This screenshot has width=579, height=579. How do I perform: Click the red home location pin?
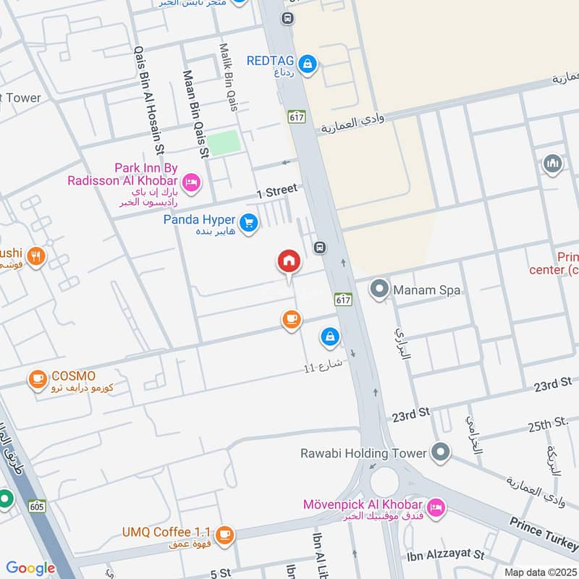pos(289,261)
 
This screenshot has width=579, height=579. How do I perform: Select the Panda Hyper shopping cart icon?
pos(249,224)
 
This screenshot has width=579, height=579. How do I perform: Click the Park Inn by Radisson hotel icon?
pos(191,182)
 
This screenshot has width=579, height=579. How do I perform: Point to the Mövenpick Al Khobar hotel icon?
pos(436,507)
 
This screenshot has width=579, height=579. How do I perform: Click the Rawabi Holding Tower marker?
pos(439,453)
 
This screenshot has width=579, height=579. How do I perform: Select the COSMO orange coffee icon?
pos(37,379)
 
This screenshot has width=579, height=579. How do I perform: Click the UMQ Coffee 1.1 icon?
pos(224,535)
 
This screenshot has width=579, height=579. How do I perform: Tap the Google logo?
pos(30,568)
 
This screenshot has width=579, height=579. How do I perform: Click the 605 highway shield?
pos(38,507)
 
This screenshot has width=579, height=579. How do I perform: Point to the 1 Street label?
pos(277,191)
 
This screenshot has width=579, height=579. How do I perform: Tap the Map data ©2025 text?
pos(539,572)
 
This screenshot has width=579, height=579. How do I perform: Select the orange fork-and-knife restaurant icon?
pos(37,255)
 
